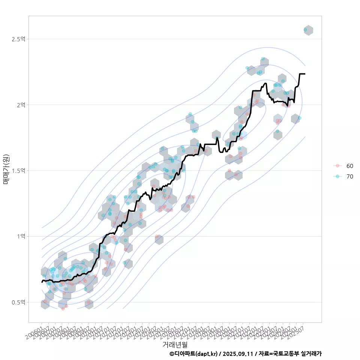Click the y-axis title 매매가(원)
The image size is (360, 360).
pyautogui.click(x=6, y=169)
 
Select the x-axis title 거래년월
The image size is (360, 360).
pyautogui.click(x=175, y=344)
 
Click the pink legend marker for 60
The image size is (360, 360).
pyautogui.click(x=337, y=166)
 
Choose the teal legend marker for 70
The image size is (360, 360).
pyautogui.click(x=337, y=177)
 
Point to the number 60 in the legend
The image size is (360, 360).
pyautogui.click(x=349, y=166)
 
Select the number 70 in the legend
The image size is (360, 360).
pyautogui.click(x=349, y=177)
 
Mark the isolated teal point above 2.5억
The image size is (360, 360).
pyautogui.click(x=306, y=30)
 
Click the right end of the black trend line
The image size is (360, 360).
pyautogui.click(x=304, y=74)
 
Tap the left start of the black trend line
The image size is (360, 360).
pyautogui.click(x=42, y=282)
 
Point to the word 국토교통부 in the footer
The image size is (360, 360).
pyautogui.click(x=286, y=354)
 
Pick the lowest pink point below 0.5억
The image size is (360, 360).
pyautogui.click(x=63, y=309)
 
